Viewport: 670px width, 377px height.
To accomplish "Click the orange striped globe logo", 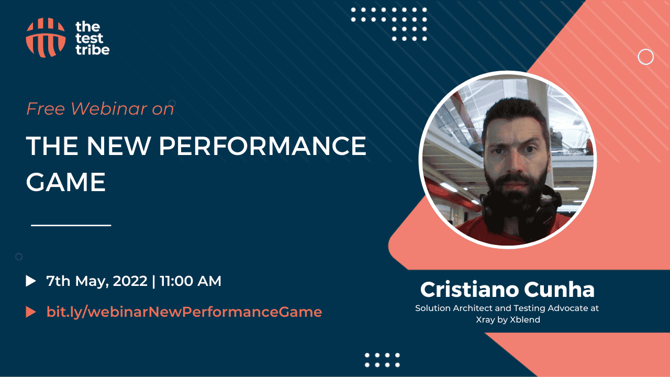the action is click(46, 38).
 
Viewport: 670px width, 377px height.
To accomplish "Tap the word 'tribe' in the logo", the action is click(93, 50).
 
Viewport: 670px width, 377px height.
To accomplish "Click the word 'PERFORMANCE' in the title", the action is click(262, 146).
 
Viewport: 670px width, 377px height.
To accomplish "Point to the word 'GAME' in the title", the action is click(66, 182).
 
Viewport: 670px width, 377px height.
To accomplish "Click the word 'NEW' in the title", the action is click(118, 146).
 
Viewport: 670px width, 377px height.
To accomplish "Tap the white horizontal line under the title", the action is click(71, 225).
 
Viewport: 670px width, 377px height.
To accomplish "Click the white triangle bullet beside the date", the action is click(31, 281).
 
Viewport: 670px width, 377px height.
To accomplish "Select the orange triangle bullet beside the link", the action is click(31, 312).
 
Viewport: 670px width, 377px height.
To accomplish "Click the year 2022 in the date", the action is click(130, 281).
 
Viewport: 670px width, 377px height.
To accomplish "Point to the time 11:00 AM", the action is click(191, 281).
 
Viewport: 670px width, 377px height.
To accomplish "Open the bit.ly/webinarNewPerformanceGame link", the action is click(184, 312).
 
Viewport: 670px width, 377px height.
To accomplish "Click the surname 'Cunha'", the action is click(559, 290).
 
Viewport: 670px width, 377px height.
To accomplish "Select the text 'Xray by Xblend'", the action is click(508, 319).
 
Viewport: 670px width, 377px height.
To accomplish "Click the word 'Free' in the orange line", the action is click(46, 108).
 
